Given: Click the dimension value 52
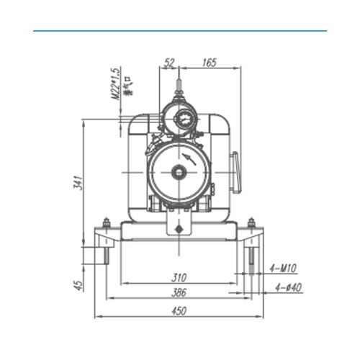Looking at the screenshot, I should (169, 63).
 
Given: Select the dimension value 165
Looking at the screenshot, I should (210, 63).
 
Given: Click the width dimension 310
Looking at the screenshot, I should (180, 277).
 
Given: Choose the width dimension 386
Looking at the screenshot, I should (180, 293).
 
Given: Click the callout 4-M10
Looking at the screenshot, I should (283, 269).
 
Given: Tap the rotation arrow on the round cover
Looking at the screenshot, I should (189, 156).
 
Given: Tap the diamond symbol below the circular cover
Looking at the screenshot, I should (177, 228).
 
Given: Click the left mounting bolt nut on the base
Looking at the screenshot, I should (106, 222).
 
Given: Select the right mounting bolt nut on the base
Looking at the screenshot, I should (251, 222).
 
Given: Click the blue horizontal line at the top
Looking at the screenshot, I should (180, 31).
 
